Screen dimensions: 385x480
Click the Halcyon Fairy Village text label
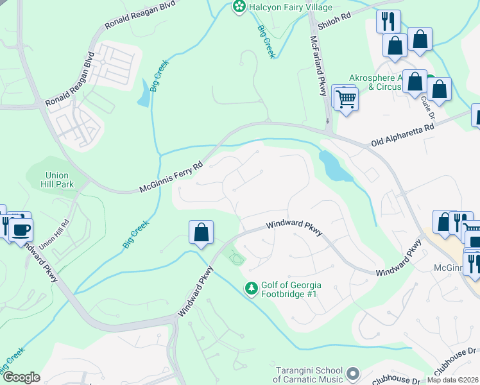coord(291,7)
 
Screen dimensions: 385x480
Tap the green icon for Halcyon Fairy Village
coord(239,7)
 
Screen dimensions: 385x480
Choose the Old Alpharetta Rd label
coord(402,135)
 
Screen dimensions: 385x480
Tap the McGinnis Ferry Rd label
coord(171,176)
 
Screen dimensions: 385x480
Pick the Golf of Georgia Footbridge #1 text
coord(291,290)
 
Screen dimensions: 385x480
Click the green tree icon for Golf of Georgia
coord(252,290)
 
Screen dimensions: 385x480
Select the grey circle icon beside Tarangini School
coord(352,373)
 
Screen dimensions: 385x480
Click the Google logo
coord(21,377)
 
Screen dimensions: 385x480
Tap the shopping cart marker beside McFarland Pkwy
coord(347,99)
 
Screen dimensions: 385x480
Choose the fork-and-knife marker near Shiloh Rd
coord(389,21)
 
